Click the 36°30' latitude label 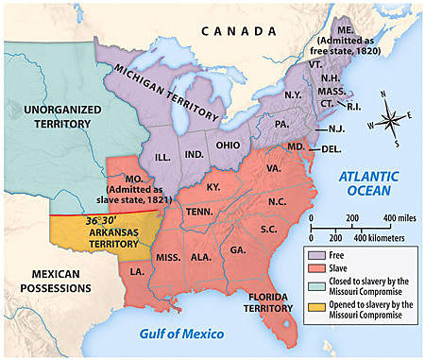pos(105,221)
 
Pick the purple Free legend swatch pos(312,252)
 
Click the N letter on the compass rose pos(382,94)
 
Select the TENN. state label pos(199,213)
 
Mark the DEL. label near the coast pos(331,149)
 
